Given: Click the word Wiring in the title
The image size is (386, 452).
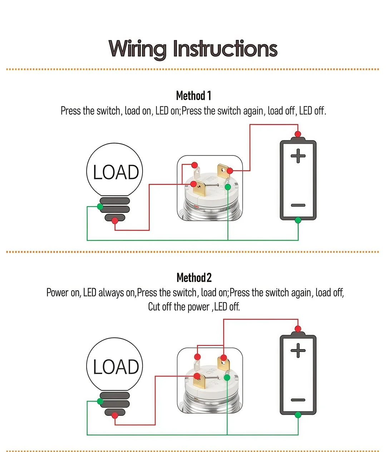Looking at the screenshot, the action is pyautogui.click(x=138, y=50).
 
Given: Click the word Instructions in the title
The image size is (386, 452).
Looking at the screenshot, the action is pyautogui.click(x=226, y=49).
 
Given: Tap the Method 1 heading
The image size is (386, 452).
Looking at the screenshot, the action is pyautogui.click(x=194, y=96).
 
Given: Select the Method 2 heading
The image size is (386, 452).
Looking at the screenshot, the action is pyautogui.click(x=194, y=278).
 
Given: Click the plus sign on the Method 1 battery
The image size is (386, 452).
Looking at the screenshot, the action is pyautogui.click(x=298, y=156).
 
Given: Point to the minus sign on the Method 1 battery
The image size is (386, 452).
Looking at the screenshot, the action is pyautogui.click(x=298, y=205).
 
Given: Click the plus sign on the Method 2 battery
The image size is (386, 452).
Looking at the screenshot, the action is pyautogui.click(x=298, y=350).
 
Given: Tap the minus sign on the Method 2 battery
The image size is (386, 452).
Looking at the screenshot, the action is pyautogui.click(x=298, y=400).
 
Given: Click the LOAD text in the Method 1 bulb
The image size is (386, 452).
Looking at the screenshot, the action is pyautogui.click(x=116, y=172).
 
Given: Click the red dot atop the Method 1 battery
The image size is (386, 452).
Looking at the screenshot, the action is pyautogui.click(x=298, y=134).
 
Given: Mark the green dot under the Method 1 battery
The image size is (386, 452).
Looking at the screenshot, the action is pyautogui.click(x=298, y=220).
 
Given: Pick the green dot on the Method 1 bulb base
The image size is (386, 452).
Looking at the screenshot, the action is pyautogui.click(x=100, y=206).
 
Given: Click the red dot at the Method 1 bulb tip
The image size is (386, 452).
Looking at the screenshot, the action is pyautogui.click(x=115, y=221).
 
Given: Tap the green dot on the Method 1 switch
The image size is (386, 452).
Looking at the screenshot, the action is pyautogui.click(x=228, y=187).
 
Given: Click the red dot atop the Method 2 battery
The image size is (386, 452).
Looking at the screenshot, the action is pyautogui.click(x=298, y=329).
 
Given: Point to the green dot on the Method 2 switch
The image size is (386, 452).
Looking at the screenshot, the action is pyautogui.click(x=227, y=377).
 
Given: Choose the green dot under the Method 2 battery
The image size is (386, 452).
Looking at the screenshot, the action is pyautogui.click(x=298, y=415).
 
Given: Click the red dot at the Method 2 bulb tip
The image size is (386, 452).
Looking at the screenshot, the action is pyautogui.click(x=115, y=415).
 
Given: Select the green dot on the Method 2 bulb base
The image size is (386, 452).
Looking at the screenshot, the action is pyautogui.click(x=100, y=401).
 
